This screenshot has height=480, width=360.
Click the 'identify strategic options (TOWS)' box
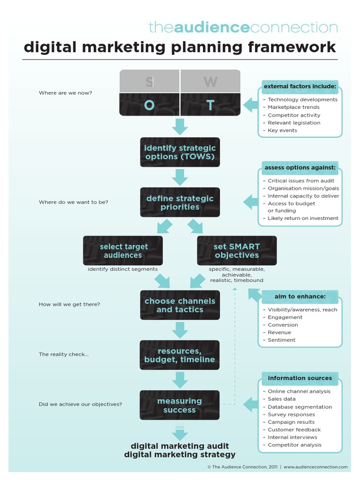coord(180,152)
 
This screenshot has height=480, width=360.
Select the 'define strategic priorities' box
coord(180,202)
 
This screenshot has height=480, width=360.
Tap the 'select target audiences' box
coord(123,251)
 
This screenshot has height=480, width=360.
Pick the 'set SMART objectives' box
coord(237,251)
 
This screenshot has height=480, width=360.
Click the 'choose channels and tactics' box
coord(180,305)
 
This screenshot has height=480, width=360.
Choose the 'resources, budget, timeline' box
coord(180,355)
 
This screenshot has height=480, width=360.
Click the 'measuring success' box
coord(180,405)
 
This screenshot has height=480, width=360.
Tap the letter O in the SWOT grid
coord(149,105)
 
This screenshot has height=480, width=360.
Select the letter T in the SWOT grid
coord(210,105)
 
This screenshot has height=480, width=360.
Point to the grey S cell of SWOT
coord(149,82)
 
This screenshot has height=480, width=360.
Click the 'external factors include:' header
coord(300,87)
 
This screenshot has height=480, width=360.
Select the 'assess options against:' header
coord(300,168)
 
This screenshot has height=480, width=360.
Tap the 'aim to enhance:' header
coord(300,297)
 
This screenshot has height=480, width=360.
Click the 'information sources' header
coord(300,378)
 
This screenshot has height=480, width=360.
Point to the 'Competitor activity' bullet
coord(294,115)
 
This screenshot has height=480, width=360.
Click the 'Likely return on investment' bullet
coord(303,218)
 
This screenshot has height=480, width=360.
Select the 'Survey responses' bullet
coord(291,415)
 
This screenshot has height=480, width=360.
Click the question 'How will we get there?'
coord(69,305)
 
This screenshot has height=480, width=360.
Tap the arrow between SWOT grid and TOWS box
coord(180,127)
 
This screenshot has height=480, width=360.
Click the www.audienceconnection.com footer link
coord(315,467)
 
